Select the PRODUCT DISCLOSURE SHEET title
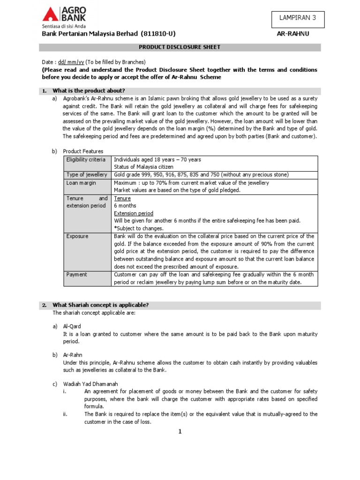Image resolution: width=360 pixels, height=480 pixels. point(180,47)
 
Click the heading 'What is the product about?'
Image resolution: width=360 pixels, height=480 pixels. point(89,90)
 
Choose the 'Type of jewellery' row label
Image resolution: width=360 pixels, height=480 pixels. point(87,175)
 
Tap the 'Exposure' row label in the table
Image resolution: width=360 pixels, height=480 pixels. point(77,236)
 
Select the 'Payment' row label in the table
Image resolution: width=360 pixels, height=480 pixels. point(77,275)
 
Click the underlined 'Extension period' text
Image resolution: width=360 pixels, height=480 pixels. point(134,213)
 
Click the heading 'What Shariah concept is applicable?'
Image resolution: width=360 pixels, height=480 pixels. point(100,305)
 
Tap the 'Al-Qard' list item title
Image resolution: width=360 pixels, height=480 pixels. point(72,326)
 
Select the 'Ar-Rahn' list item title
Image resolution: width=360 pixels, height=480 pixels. point(73,355)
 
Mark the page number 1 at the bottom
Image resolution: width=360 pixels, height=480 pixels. point(180,432)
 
